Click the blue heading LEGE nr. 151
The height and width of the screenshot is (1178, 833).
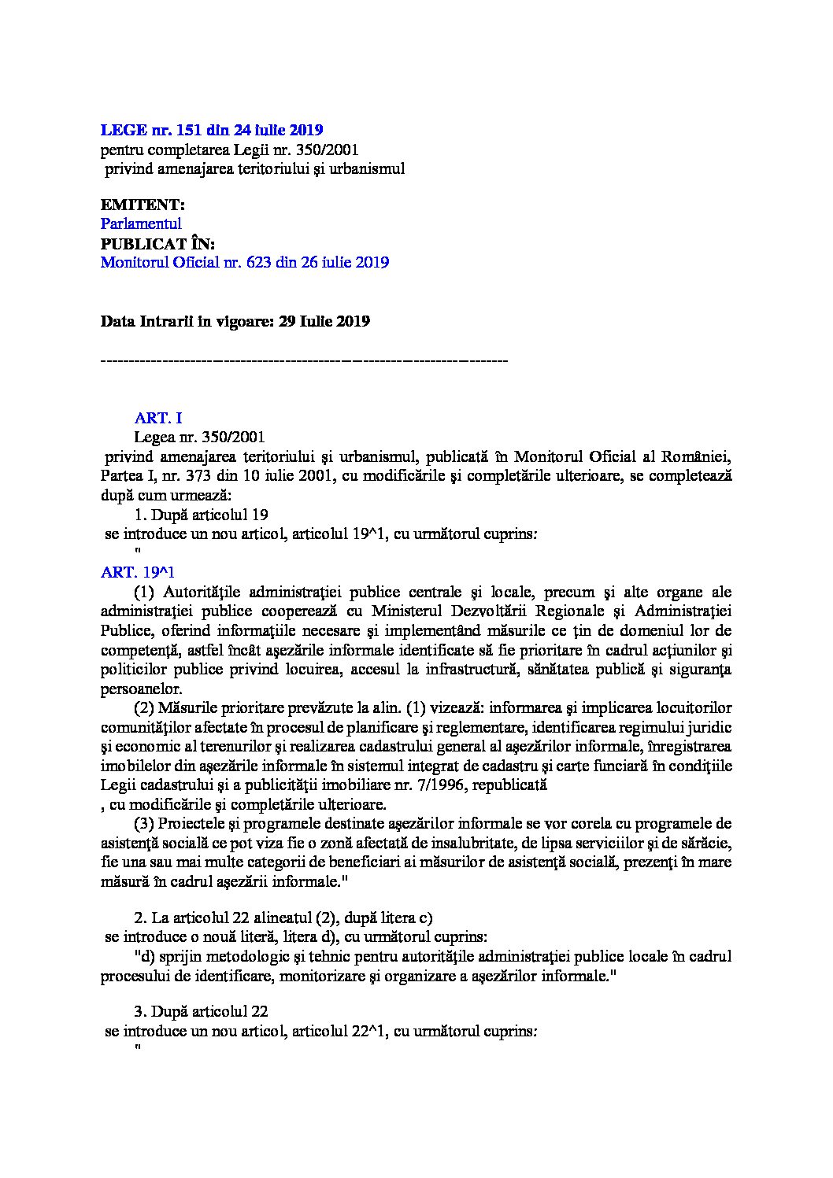pyautogui.click(x=212, y=129)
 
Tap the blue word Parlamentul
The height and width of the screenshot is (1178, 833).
pyautogui.click(x=141, y=223)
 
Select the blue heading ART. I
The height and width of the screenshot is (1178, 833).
pyautogui.click(x=158, y=418)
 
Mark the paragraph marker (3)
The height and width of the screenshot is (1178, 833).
pyautogui.click(x=143, y=823)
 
